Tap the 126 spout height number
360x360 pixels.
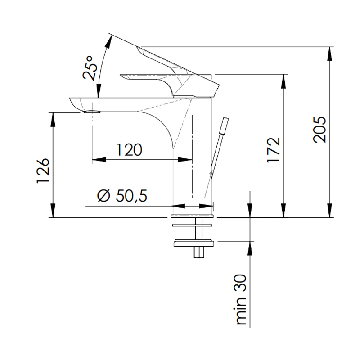(42, 171)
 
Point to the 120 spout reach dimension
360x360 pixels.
(129, 149)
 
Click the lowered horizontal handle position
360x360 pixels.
(144, 77)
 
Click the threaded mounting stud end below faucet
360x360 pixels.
(198, 253)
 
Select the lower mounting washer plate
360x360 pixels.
(194, 244)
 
